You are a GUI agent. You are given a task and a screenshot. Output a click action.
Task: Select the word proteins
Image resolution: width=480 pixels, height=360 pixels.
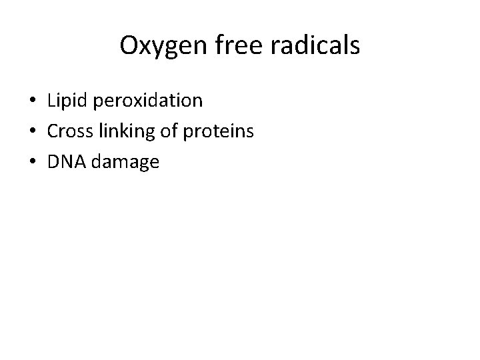(221, 132)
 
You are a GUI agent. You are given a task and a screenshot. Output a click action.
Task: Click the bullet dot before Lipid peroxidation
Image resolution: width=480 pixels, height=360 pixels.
(32, 102)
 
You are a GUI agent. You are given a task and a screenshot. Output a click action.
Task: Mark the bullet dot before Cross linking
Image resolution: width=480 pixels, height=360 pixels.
(32, 132)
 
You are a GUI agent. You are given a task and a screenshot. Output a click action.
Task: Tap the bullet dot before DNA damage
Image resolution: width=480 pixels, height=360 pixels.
(32, 162)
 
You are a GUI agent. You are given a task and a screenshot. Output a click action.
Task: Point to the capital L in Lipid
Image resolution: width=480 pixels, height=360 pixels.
(51, 101)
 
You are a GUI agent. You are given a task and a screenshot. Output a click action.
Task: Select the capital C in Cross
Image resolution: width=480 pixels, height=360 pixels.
(53, 131)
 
